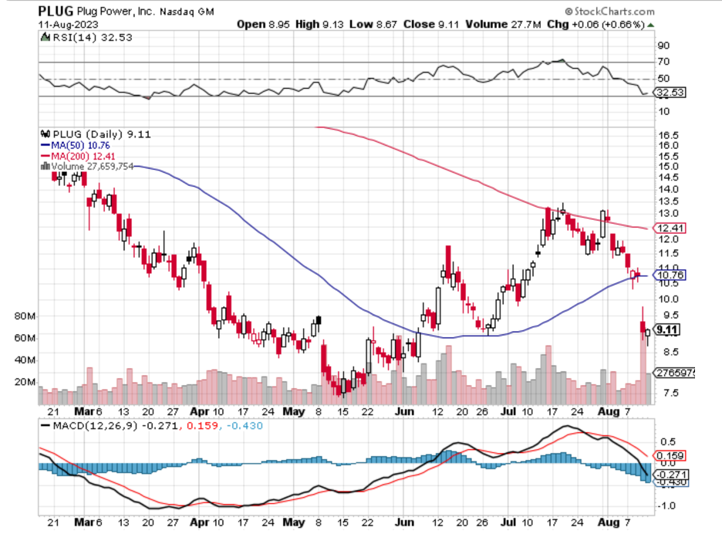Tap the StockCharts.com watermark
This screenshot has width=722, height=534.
tap(609, 12)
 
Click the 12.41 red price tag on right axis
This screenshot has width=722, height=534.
tap(670, 228)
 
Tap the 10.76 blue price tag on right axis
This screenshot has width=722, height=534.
tap(670, 275)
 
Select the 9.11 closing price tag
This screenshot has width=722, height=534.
tap(667, 330)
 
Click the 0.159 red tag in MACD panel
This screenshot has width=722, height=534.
tap(669, 455)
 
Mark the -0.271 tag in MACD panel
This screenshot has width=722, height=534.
tap(670, 474)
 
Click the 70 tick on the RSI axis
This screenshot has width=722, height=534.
tap(663, 62)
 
